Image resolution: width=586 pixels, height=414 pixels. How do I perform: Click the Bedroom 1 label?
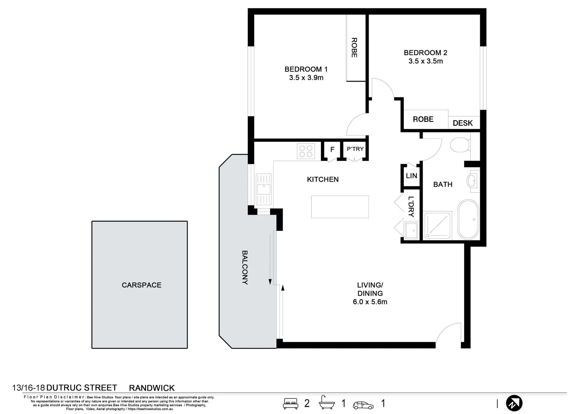tap(306, 69)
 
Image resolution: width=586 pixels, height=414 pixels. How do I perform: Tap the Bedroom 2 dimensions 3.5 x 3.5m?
tap(425, 61)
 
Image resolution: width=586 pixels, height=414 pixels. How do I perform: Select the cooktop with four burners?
tap(306, 151)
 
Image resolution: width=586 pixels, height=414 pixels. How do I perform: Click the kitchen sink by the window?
tap(263, 189)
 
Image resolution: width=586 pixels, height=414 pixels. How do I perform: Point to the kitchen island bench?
tap(340, 207)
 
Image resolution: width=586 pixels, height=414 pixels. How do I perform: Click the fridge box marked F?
tap(332, 149)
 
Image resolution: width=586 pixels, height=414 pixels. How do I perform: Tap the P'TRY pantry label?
tap(355, 149)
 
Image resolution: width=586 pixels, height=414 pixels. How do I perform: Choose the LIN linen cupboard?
tap(411, 176)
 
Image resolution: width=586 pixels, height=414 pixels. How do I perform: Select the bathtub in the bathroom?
tap(468, 220)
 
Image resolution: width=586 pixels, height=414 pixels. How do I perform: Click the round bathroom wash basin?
tap(472, 180)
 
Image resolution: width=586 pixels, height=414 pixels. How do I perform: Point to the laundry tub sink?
tap(411, 230)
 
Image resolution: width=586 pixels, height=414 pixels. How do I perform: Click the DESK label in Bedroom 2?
tap(463, 123)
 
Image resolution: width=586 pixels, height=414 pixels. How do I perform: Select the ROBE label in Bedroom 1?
tap(354, 48)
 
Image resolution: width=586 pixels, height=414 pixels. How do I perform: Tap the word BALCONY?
tap(245, 268)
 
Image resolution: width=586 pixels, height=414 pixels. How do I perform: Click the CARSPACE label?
tap(142, 285)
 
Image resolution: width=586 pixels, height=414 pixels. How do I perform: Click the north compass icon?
tap(514, 403)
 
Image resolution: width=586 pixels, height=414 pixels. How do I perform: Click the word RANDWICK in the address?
tap(151, 388)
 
